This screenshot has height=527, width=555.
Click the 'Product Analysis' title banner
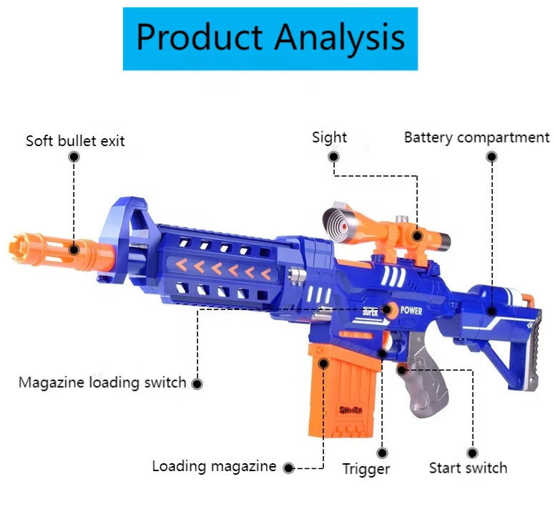pyautogui.click(x=270, y=38)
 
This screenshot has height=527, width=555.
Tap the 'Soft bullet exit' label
pyautogui.click(x=75, y=140)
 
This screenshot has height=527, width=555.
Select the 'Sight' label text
pyautogui.click(x=329, y=137)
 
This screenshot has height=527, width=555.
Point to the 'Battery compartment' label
pyautogui.click(x=476, y=137)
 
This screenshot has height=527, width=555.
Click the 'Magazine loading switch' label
pyautogui.click(x=102, y=382)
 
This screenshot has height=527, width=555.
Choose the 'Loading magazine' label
pyautogui.click(x=214, y=466)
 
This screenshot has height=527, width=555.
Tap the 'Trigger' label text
pyautogui.click(x=365, y=469)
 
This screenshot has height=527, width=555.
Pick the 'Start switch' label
pyautogui.click(x=468, y=468)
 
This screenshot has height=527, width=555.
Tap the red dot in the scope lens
pyautogui.click(x=345, y=224)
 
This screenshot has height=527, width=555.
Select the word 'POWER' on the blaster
pyautogui.click(x=411, y=311)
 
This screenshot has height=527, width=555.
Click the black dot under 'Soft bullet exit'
pyautogui.click(x=74, y=156)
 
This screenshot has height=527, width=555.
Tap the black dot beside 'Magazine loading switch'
pyautogui.click(x=197, y=383)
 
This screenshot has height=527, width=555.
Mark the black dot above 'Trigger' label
pyautogui.click(x=383, y=453)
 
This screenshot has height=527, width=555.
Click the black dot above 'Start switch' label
pyautogui.click(x=472, y=453)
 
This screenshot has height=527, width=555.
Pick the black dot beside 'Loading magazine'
pyautogui.click(x=288, y=468)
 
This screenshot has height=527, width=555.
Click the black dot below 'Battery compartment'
pyautogui.click(x=492, y=155)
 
